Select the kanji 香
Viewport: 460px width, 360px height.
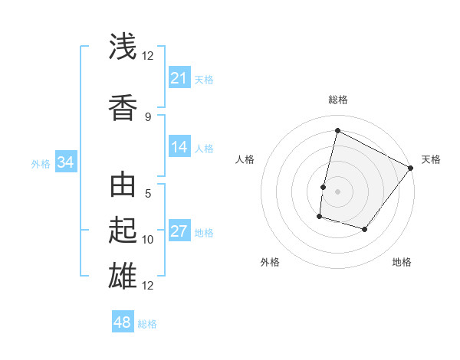click(123, 106)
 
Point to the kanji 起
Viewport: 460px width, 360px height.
click(123, 229)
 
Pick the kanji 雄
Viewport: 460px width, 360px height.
click(123, 275)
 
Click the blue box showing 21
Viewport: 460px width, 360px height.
click(179, 78)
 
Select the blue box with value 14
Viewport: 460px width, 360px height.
click(179, 148)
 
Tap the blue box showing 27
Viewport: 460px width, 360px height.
click(179, 232)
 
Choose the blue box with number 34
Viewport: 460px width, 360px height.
click(66, 162)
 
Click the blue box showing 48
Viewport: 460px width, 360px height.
click(123, 322)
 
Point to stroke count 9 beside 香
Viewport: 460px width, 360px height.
click(148, 116)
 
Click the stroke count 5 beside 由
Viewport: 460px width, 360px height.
click(148, 194)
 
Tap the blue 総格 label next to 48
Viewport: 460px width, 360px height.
click(147, 324)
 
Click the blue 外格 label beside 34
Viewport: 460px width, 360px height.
click(41, 164)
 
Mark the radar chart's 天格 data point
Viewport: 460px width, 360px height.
click(411, 169)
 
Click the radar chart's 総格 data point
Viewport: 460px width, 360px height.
click(337, 130)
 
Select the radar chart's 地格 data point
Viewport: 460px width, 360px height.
click(365, 229)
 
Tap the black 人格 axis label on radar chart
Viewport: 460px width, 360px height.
click(245, 159)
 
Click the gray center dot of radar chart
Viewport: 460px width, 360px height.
click(337, 191)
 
